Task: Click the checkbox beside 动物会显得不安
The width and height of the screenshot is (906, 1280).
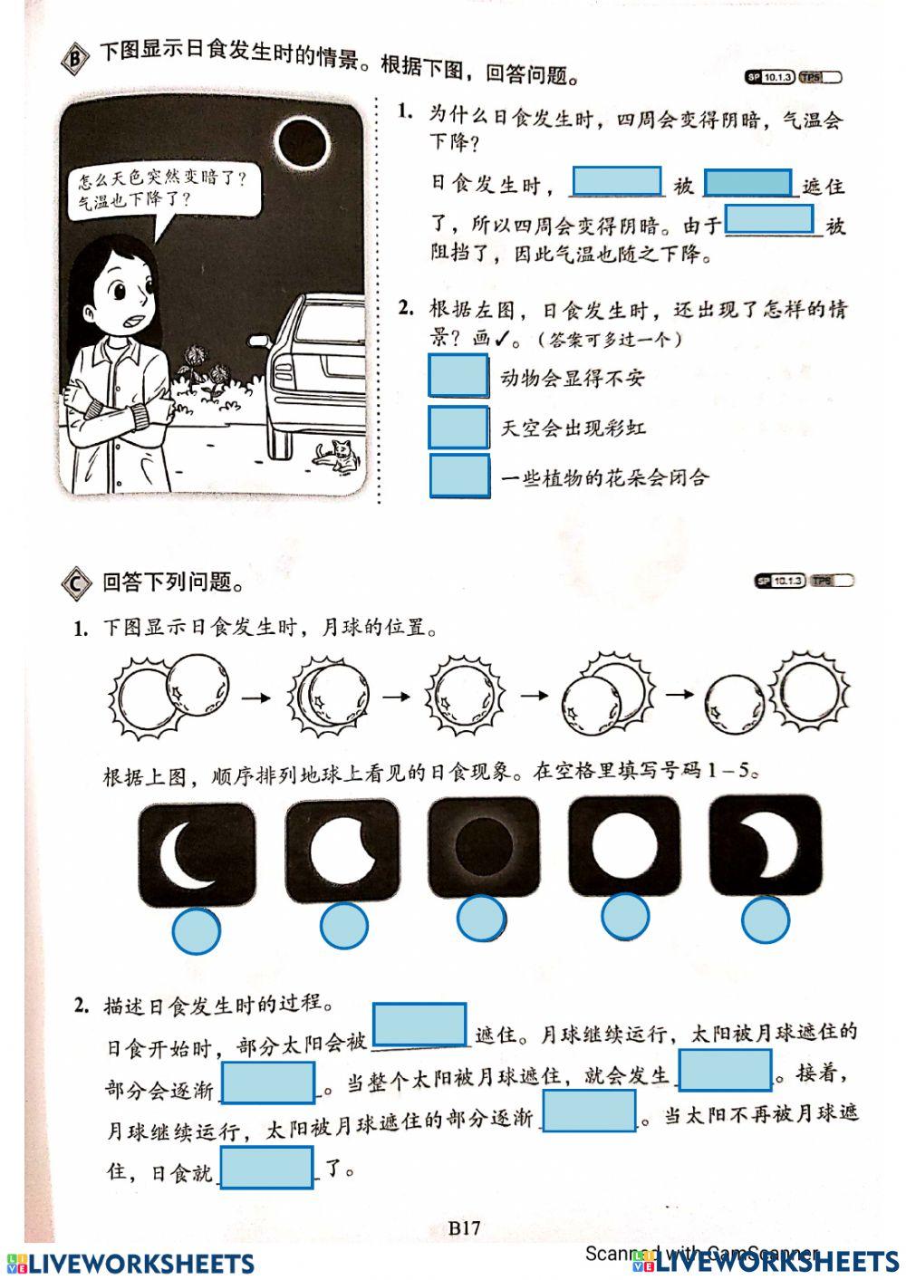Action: click(x=458, y=376)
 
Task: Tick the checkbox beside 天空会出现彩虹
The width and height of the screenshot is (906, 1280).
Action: click(x=458, y=427)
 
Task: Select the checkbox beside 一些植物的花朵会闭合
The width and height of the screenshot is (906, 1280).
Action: click(x=458, y=476)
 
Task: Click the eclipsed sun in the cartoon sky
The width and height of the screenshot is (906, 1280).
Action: click(x=302, y=142)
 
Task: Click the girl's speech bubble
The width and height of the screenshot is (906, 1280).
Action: click(x=164, y=191)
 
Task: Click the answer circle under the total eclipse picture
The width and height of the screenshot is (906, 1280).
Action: click(x=481, y=919)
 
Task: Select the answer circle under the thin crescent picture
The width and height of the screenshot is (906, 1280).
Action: click(x=196, y=929)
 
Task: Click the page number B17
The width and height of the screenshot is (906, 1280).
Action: click(x=464, y=1228)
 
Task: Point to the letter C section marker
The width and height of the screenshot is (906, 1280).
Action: click(x=75, y=582)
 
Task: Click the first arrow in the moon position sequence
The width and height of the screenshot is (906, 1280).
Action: click(x=256, y=698)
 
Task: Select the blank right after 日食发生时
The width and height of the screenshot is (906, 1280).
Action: click(x=617, y=182)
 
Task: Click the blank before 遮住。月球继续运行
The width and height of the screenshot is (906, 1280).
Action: click(x=420, y=1025)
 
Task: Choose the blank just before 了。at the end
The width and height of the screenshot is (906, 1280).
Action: click(x=267, y=1168)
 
